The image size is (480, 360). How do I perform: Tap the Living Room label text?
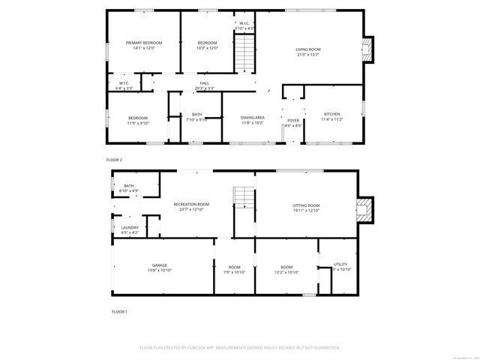(307, 51)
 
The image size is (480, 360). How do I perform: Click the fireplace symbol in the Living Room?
(367, 50)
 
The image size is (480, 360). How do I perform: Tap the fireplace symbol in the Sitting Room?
(364, 209)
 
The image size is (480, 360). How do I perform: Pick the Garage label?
(159, 268)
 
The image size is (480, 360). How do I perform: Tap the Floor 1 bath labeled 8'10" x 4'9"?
(129, 188)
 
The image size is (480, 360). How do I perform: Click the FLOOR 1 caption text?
(120, 311)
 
